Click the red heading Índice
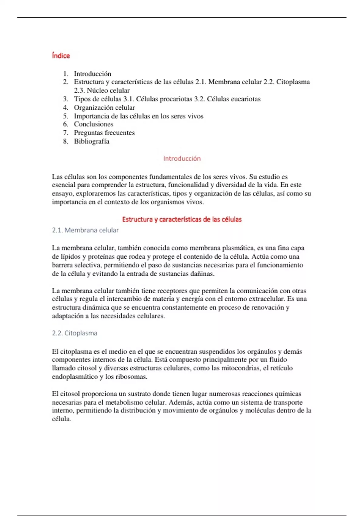pos(61,56)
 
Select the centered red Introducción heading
pos(182,158)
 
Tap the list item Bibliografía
pos(92,141)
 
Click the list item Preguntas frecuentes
pos(104,133)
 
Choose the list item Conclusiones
pos(93,124)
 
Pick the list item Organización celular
pos(104,108)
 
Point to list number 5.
pos(66,116)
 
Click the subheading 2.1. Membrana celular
pos(85,230)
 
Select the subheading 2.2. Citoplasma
pos(75,333)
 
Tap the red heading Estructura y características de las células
pos(182,219)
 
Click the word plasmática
pos(238,248)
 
